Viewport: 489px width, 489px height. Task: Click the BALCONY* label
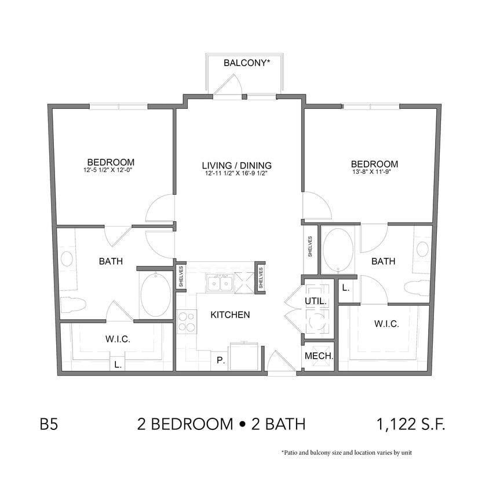point(247,63)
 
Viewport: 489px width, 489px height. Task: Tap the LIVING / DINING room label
point(238,165)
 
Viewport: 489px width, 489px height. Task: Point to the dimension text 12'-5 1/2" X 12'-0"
point(111,170)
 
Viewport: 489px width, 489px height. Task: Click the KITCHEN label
point(230,315)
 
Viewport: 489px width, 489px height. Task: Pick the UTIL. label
point(316,301)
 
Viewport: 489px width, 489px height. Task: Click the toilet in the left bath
point(74,303)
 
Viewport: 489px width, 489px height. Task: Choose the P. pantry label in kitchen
point(220,360)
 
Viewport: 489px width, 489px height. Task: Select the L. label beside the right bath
point(345,287)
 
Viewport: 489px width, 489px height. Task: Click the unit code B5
point(49,425)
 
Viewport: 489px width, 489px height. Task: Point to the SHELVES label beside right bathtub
point(311,247)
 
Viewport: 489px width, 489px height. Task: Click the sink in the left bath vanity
point(67,258)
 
